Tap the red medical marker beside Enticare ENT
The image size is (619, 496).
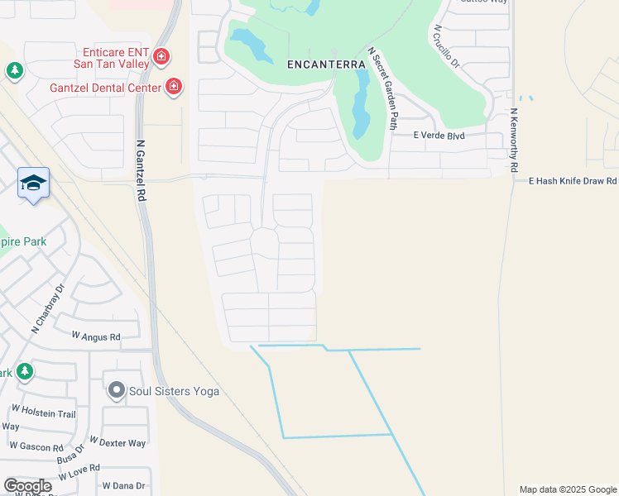161,57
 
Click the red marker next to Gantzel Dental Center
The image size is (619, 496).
174,86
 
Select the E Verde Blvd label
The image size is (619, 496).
439,136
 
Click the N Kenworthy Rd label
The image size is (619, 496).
514,140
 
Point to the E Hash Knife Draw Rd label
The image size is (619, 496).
573,180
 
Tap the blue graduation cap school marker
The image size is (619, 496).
33,183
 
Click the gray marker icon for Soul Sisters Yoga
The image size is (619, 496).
116,390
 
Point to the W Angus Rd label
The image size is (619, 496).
96,336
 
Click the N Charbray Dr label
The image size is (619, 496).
48,310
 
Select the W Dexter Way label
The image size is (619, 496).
118,443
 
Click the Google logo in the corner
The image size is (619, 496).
27,486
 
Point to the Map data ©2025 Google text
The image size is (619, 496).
567,489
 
